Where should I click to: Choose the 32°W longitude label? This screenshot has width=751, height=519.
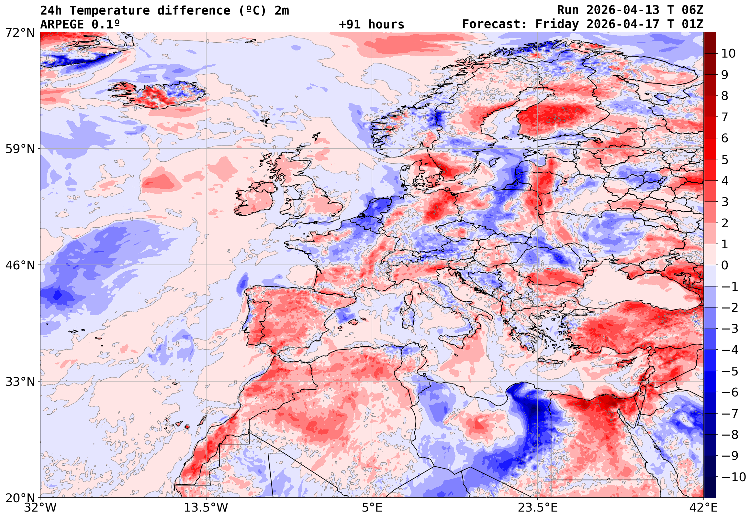[x=40, y=508]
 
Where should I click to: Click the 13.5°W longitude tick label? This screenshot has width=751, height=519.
[x=206, y=508]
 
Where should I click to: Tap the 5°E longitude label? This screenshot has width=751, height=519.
[x=372, y=508]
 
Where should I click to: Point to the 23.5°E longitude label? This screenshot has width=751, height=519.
[x=538, y=508]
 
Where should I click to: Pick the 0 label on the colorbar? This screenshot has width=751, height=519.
[x=725, y=265]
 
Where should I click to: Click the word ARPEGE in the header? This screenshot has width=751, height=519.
[x=62, y=25]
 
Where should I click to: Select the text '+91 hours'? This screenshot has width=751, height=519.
[x=371, y=25]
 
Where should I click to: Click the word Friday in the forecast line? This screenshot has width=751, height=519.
[x=557, y=25]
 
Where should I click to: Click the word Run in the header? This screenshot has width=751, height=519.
[x=568, y=11]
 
